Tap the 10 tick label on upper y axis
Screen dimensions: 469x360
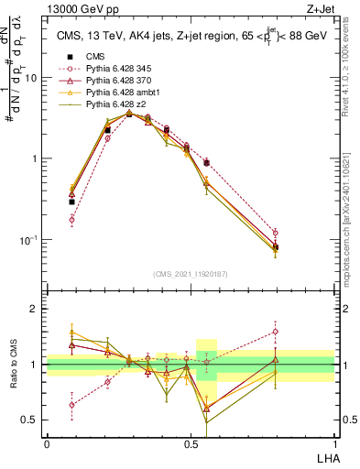pos(31,78)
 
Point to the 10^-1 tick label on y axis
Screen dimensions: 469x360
pos(29,240)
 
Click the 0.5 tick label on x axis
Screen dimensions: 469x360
pos(191,443)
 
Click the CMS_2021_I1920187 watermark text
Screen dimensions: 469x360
pos(191,274)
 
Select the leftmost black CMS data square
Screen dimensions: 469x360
pos(71,202)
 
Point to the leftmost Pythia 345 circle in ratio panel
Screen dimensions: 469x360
pos(71,404)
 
